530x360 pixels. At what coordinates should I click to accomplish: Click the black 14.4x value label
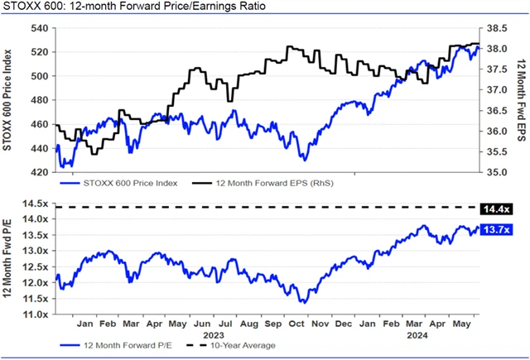tap(499, 207)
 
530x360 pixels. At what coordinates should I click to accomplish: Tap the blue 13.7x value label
tap(499, 229)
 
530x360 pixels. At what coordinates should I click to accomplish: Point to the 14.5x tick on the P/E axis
tap(36, 204)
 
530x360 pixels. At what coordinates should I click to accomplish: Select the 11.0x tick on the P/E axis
tap(36, 314)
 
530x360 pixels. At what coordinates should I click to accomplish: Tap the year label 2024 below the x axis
tap(417, 336)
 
